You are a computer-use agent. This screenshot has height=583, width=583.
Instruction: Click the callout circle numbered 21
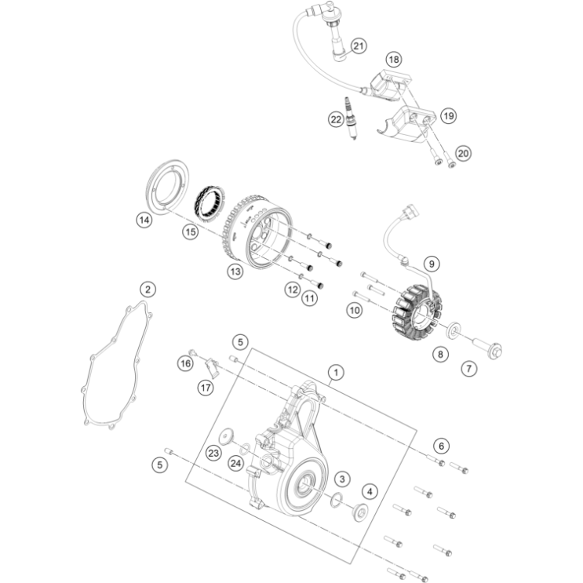pyautogui.click(x=358, y=46)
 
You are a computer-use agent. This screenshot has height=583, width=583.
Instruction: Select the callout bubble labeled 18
pyautogui.click(x=393, y=60)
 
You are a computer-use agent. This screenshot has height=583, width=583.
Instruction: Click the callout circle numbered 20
pyautogui.click(x=464, y=153)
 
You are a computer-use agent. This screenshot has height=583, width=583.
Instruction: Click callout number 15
pyautogui.click(x=190, y=232)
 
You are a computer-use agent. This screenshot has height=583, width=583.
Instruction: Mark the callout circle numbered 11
pyautogui.click(x=310, y=298)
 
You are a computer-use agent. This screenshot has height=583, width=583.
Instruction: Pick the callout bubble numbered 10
pyautogui.click(x=355, y=311)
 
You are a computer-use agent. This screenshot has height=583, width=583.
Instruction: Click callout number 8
pyautogui.click(x=440, y=355)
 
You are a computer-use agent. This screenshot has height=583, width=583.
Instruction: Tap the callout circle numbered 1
pyautogui.click(x=336, y=371)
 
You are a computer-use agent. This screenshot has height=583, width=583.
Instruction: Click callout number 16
pyautogui.click(x=185, y=363)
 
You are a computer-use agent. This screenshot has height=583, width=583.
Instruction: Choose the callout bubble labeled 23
pyautogui.click(x=213, y=452)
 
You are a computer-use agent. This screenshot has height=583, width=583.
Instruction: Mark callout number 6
pyautogui.click(x=441, y=446)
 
